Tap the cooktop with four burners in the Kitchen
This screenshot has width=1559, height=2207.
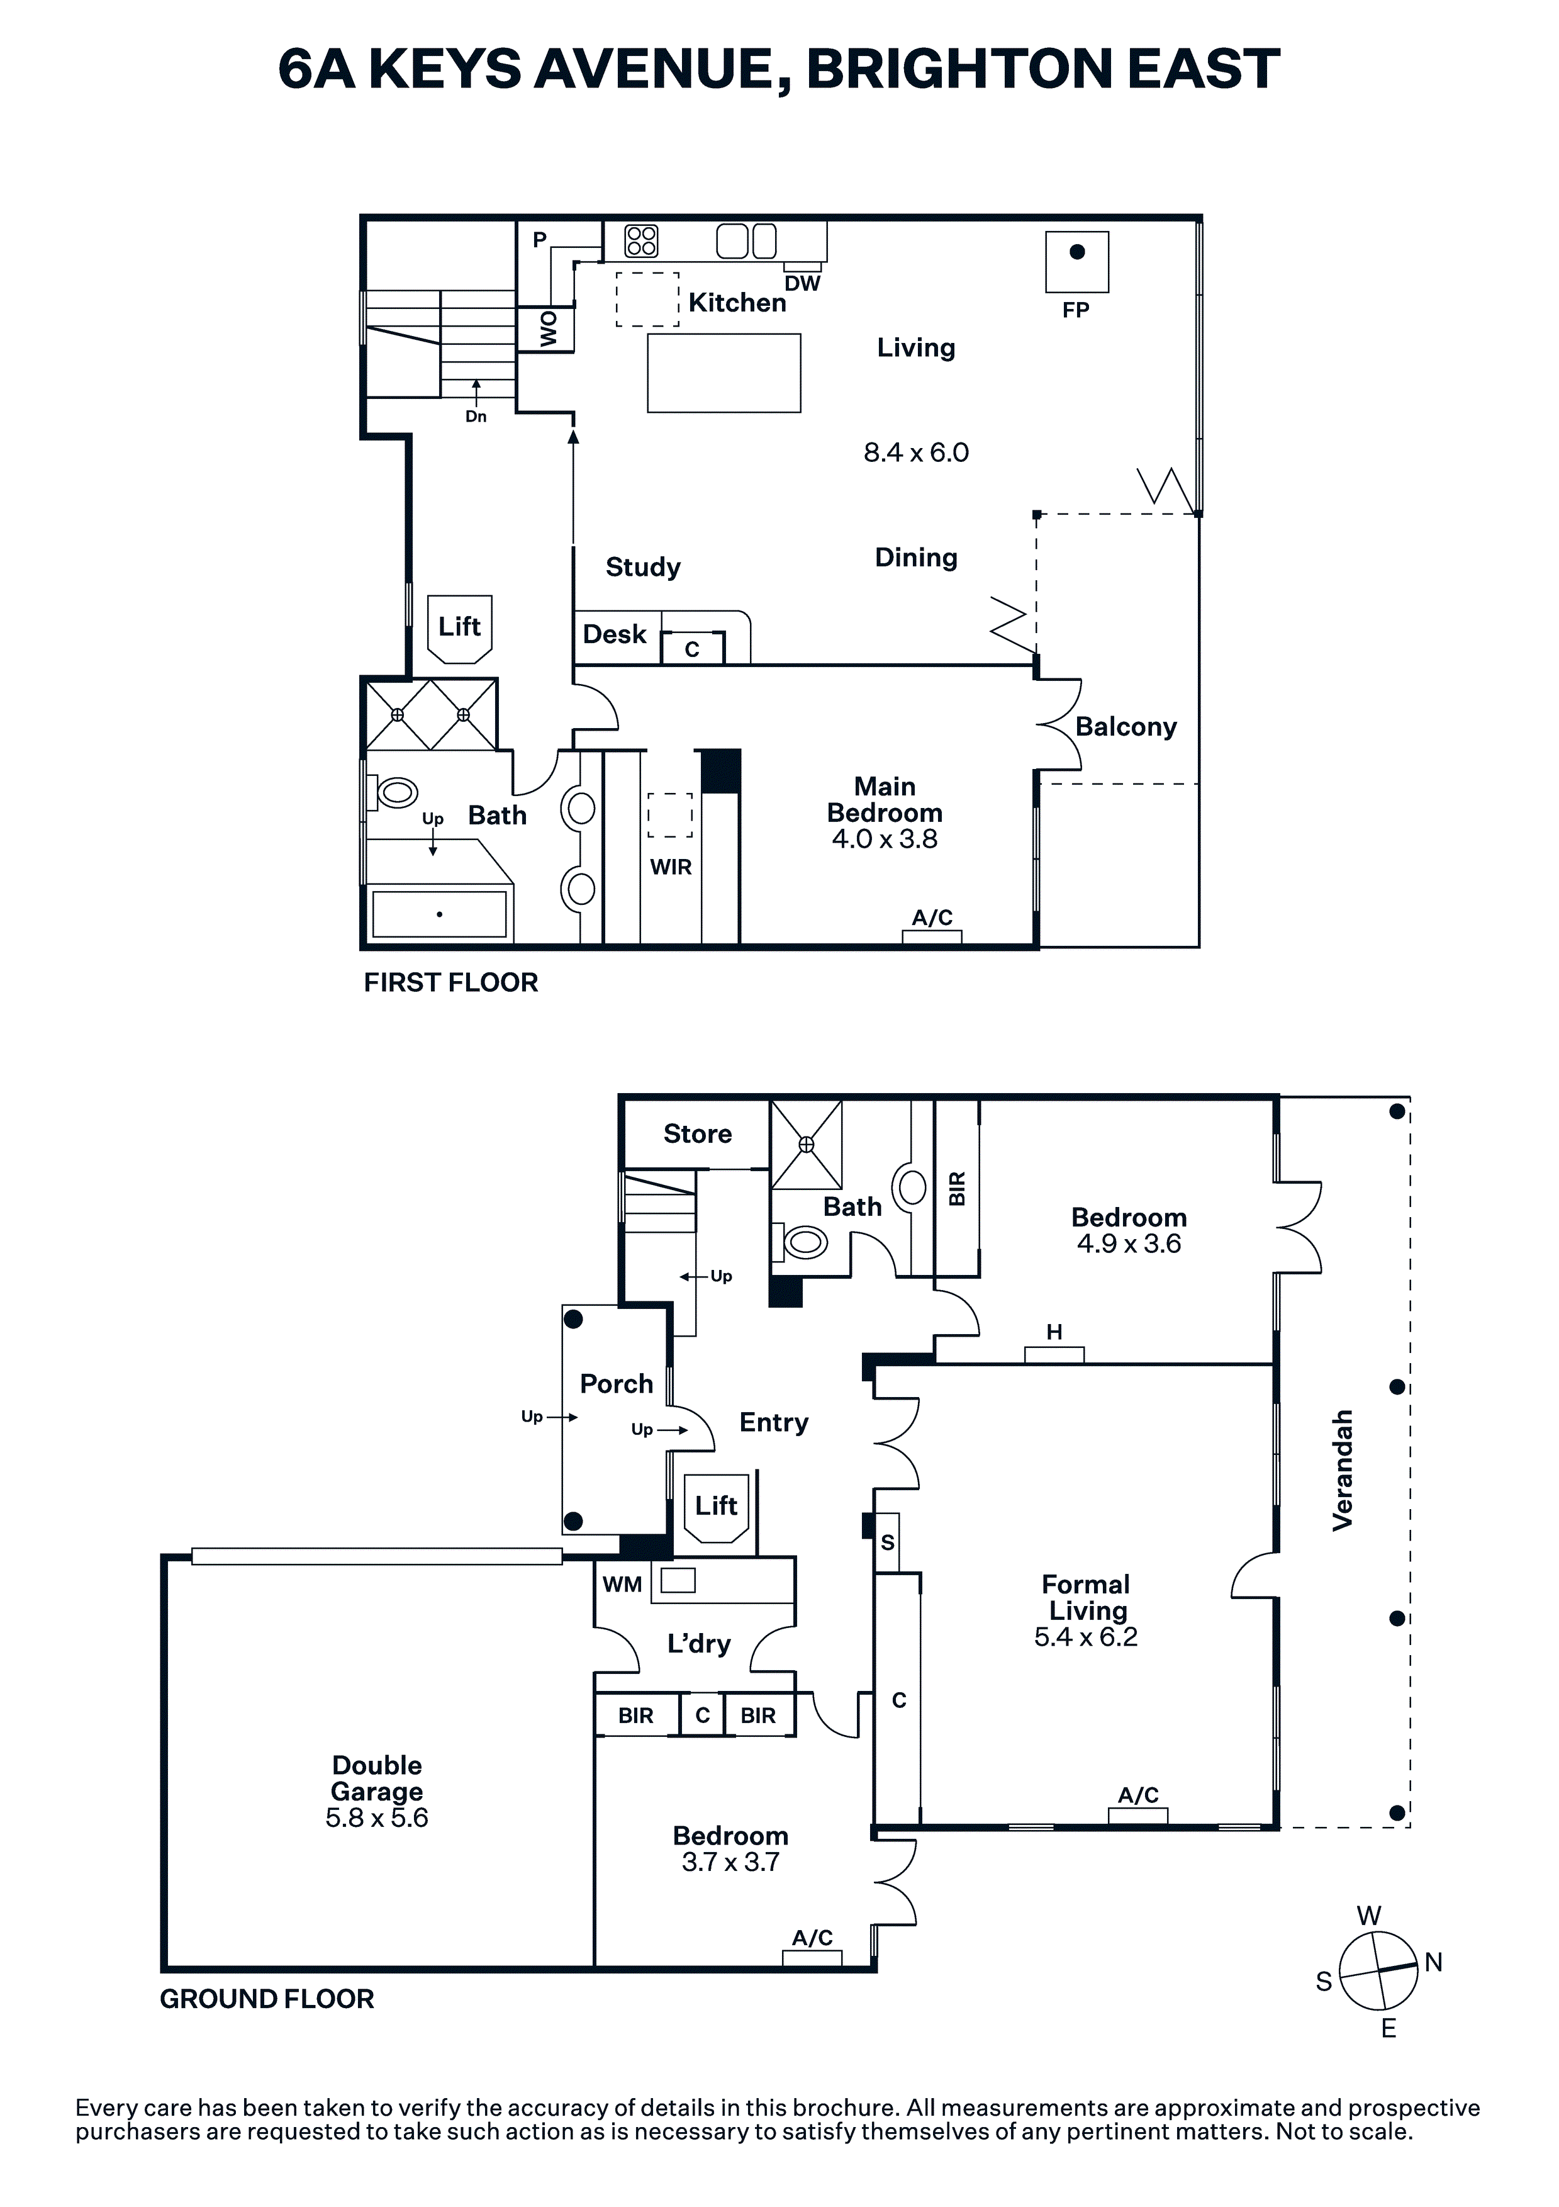coord(641,240)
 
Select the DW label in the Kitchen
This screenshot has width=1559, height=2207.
coord(803,284)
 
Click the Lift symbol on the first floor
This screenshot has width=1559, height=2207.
coord(459,629)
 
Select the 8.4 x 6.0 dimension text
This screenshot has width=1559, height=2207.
coord(916,452)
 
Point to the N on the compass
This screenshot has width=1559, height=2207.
coord(1433,1962)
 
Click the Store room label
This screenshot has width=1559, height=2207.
coord(698,1134)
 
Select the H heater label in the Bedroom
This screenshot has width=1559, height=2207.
coord(1054,1332)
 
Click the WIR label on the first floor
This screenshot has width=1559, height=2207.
coord(671,867)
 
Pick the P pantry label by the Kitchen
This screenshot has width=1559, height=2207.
coord(539,240)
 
